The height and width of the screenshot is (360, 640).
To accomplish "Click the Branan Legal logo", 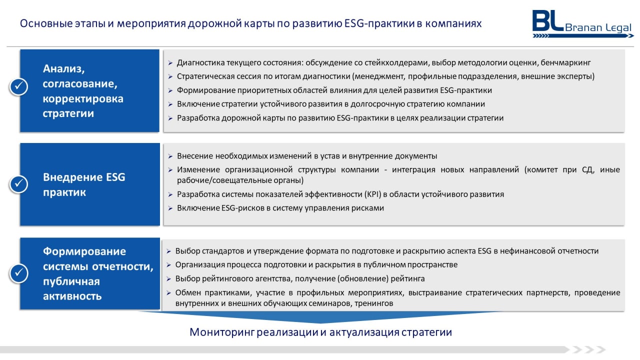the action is click(582, 24).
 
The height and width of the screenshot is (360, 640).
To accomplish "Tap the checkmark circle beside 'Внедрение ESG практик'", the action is click(19, 183).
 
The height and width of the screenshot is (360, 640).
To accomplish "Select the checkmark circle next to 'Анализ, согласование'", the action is click(19, 86).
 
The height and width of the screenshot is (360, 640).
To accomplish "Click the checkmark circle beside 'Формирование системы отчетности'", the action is click(19, 273).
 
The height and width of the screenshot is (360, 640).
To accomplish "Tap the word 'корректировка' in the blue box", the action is click(83, 99).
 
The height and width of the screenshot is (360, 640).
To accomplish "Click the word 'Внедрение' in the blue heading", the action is click(73, 177).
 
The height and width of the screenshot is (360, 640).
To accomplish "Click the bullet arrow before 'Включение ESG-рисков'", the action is click(170, 208).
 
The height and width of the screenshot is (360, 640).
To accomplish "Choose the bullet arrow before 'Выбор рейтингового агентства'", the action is click(168, 279).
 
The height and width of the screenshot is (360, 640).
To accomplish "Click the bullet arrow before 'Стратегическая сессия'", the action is click(170, 76).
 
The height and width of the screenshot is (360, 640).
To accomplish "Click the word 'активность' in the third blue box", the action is click(72, 296).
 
